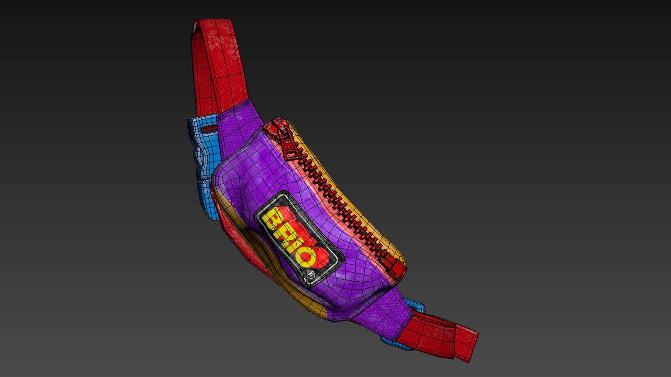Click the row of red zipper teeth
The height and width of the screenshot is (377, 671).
[x=335, y=195]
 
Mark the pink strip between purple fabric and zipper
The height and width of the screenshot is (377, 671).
[x=315, y=195]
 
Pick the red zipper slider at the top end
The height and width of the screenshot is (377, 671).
[x=276, y=127]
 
